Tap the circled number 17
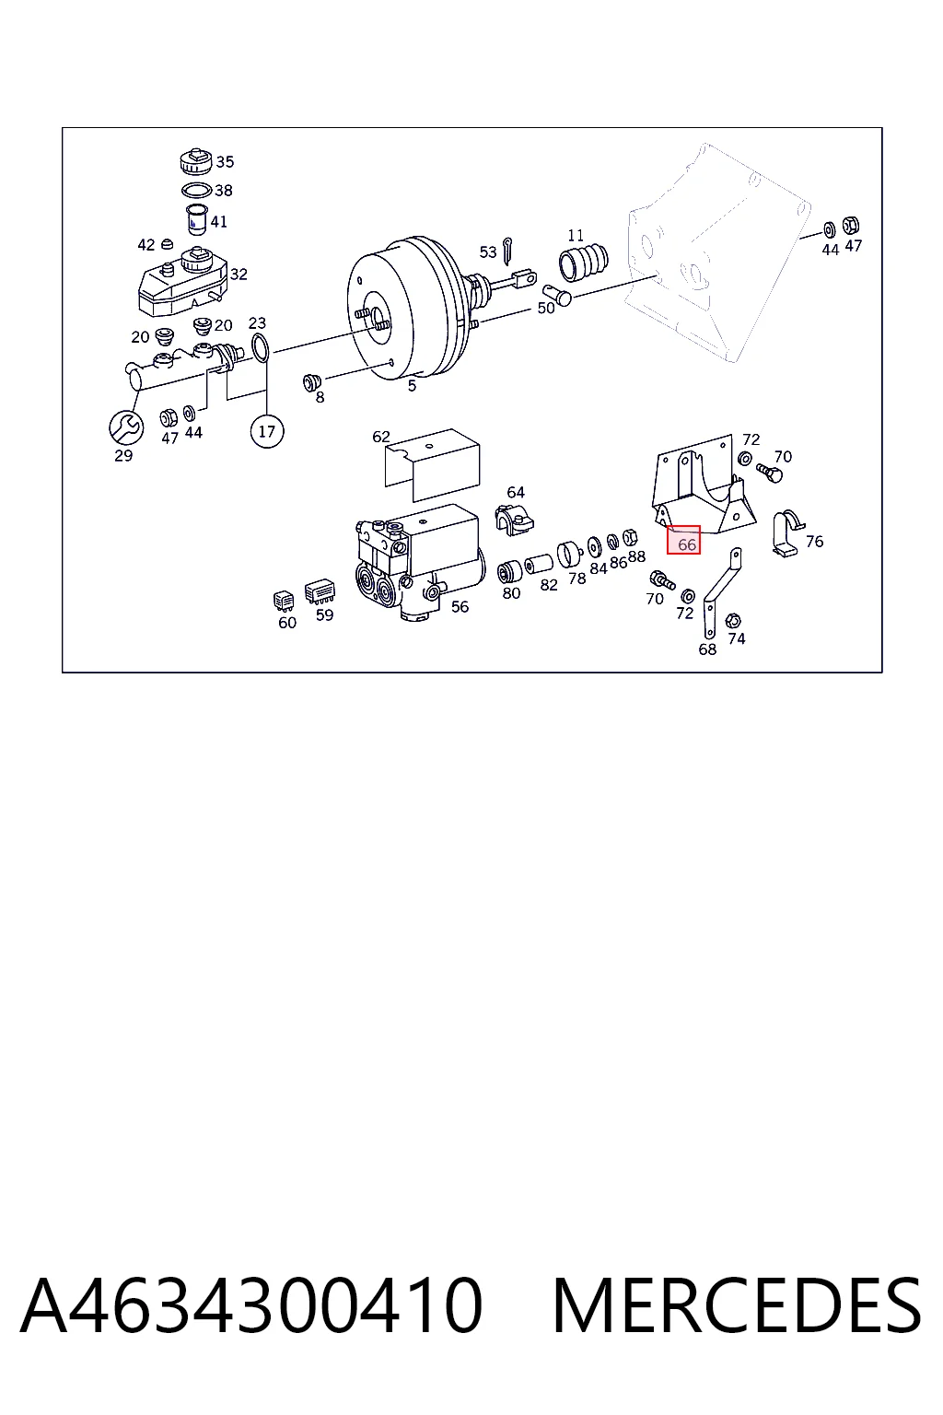point(266,431)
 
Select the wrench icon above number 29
point(126,427)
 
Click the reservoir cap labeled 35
point(197,161)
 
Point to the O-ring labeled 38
point(196,190)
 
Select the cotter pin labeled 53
point(507,251)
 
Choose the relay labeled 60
point(284,601)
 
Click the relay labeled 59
point(320,593)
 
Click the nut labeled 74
point(733,620)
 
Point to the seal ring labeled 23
point(260,347)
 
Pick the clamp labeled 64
point(514,520)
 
